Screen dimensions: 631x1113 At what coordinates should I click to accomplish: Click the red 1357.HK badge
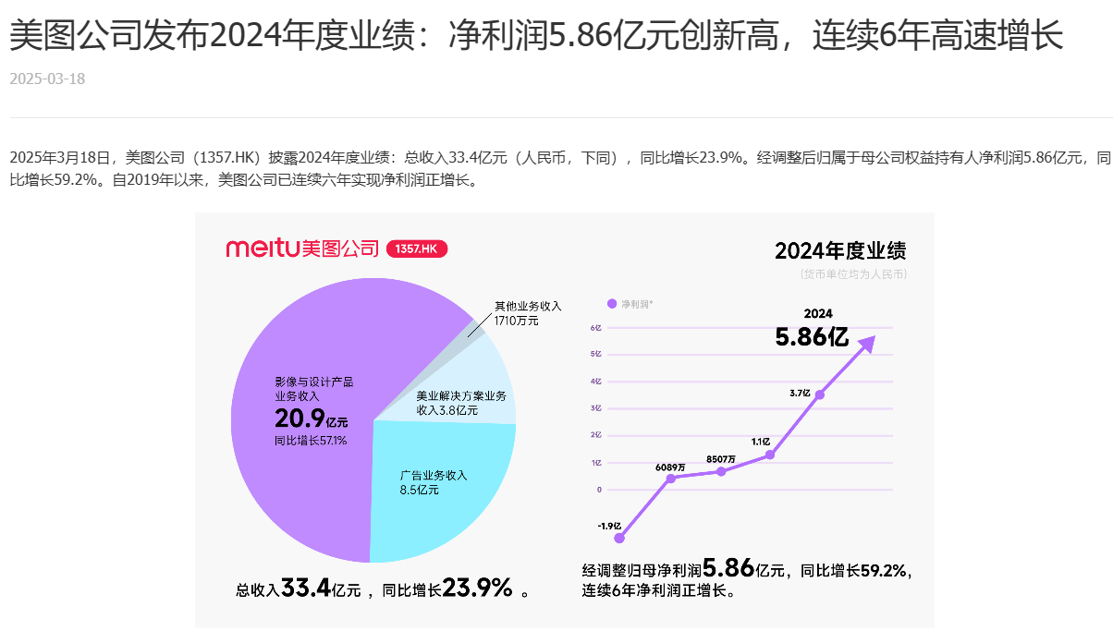[416, 249]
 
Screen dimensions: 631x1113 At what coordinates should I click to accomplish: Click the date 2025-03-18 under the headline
[47, 79]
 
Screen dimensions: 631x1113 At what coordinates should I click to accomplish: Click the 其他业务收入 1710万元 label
[527, 312]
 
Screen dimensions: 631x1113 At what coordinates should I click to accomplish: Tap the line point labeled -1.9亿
[619, 538]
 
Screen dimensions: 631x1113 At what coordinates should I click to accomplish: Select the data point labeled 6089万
[670, 478]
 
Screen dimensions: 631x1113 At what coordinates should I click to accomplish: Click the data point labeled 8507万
[721, 471]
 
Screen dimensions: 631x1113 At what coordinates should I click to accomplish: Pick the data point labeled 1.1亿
[770, 455]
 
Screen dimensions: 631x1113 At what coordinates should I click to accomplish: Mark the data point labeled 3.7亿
[819, 394]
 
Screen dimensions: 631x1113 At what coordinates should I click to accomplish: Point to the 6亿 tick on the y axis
[596, 328]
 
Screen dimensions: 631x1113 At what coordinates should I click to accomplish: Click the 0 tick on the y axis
[599, 490]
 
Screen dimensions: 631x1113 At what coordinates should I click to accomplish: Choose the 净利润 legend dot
[611, 303]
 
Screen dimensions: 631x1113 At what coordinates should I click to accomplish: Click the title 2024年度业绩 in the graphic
[839, 251]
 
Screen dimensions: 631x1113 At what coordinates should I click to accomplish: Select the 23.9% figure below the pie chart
[478, 588]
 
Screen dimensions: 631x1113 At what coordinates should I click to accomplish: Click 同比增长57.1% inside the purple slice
[311, 441]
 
